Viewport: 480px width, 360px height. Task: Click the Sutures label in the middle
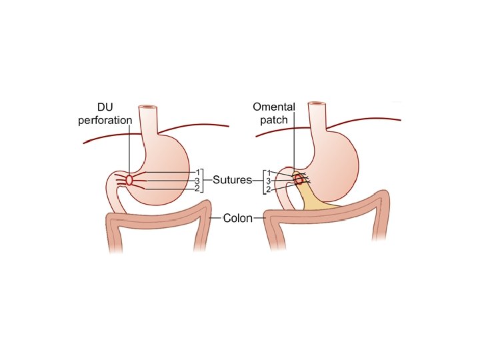tap(232, 180)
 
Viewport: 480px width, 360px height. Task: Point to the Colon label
tap(237, 218)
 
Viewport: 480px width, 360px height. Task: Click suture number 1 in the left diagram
tap(197, 173)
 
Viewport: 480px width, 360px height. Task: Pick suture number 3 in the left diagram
tap(197, 181)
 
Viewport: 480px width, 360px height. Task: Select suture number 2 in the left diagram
tap(197, 189)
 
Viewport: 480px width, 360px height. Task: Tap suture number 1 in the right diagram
tap(268, 173)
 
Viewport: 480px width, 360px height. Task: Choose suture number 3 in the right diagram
tap(268, 181)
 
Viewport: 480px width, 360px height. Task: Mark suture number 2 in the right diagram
tap(268, 189)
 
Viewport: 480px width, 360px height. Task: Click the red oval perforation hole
tap(129, 180)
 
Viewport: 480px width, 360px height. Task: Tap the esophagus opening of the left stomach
tap(147, 107)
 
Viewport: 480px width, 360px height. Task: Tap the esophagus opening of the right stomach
tap(317, 105)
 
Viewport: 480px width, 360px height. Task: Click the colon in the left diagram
tap(160, 221)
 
